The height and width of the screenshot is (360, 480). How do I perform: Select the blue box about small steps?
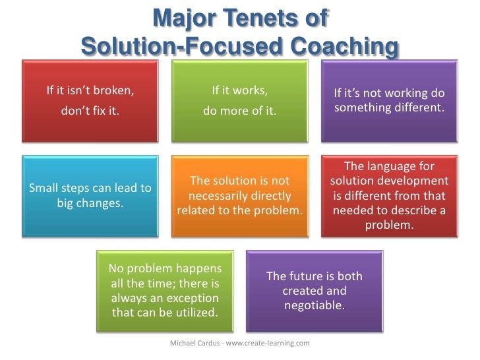(90, 195)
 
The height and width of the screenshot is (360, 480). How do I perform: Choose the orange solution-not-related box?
(239, 195)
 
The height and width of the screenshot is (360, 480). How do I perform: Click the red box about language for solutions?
(389, 195)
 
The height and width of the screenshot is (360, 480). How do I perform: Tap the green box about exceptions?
(165, 290)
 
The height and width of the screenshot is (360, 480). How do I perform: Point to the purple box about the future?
(315, 290)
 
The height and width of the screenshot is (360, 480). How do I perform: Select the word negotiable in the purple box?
(314, 305)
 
